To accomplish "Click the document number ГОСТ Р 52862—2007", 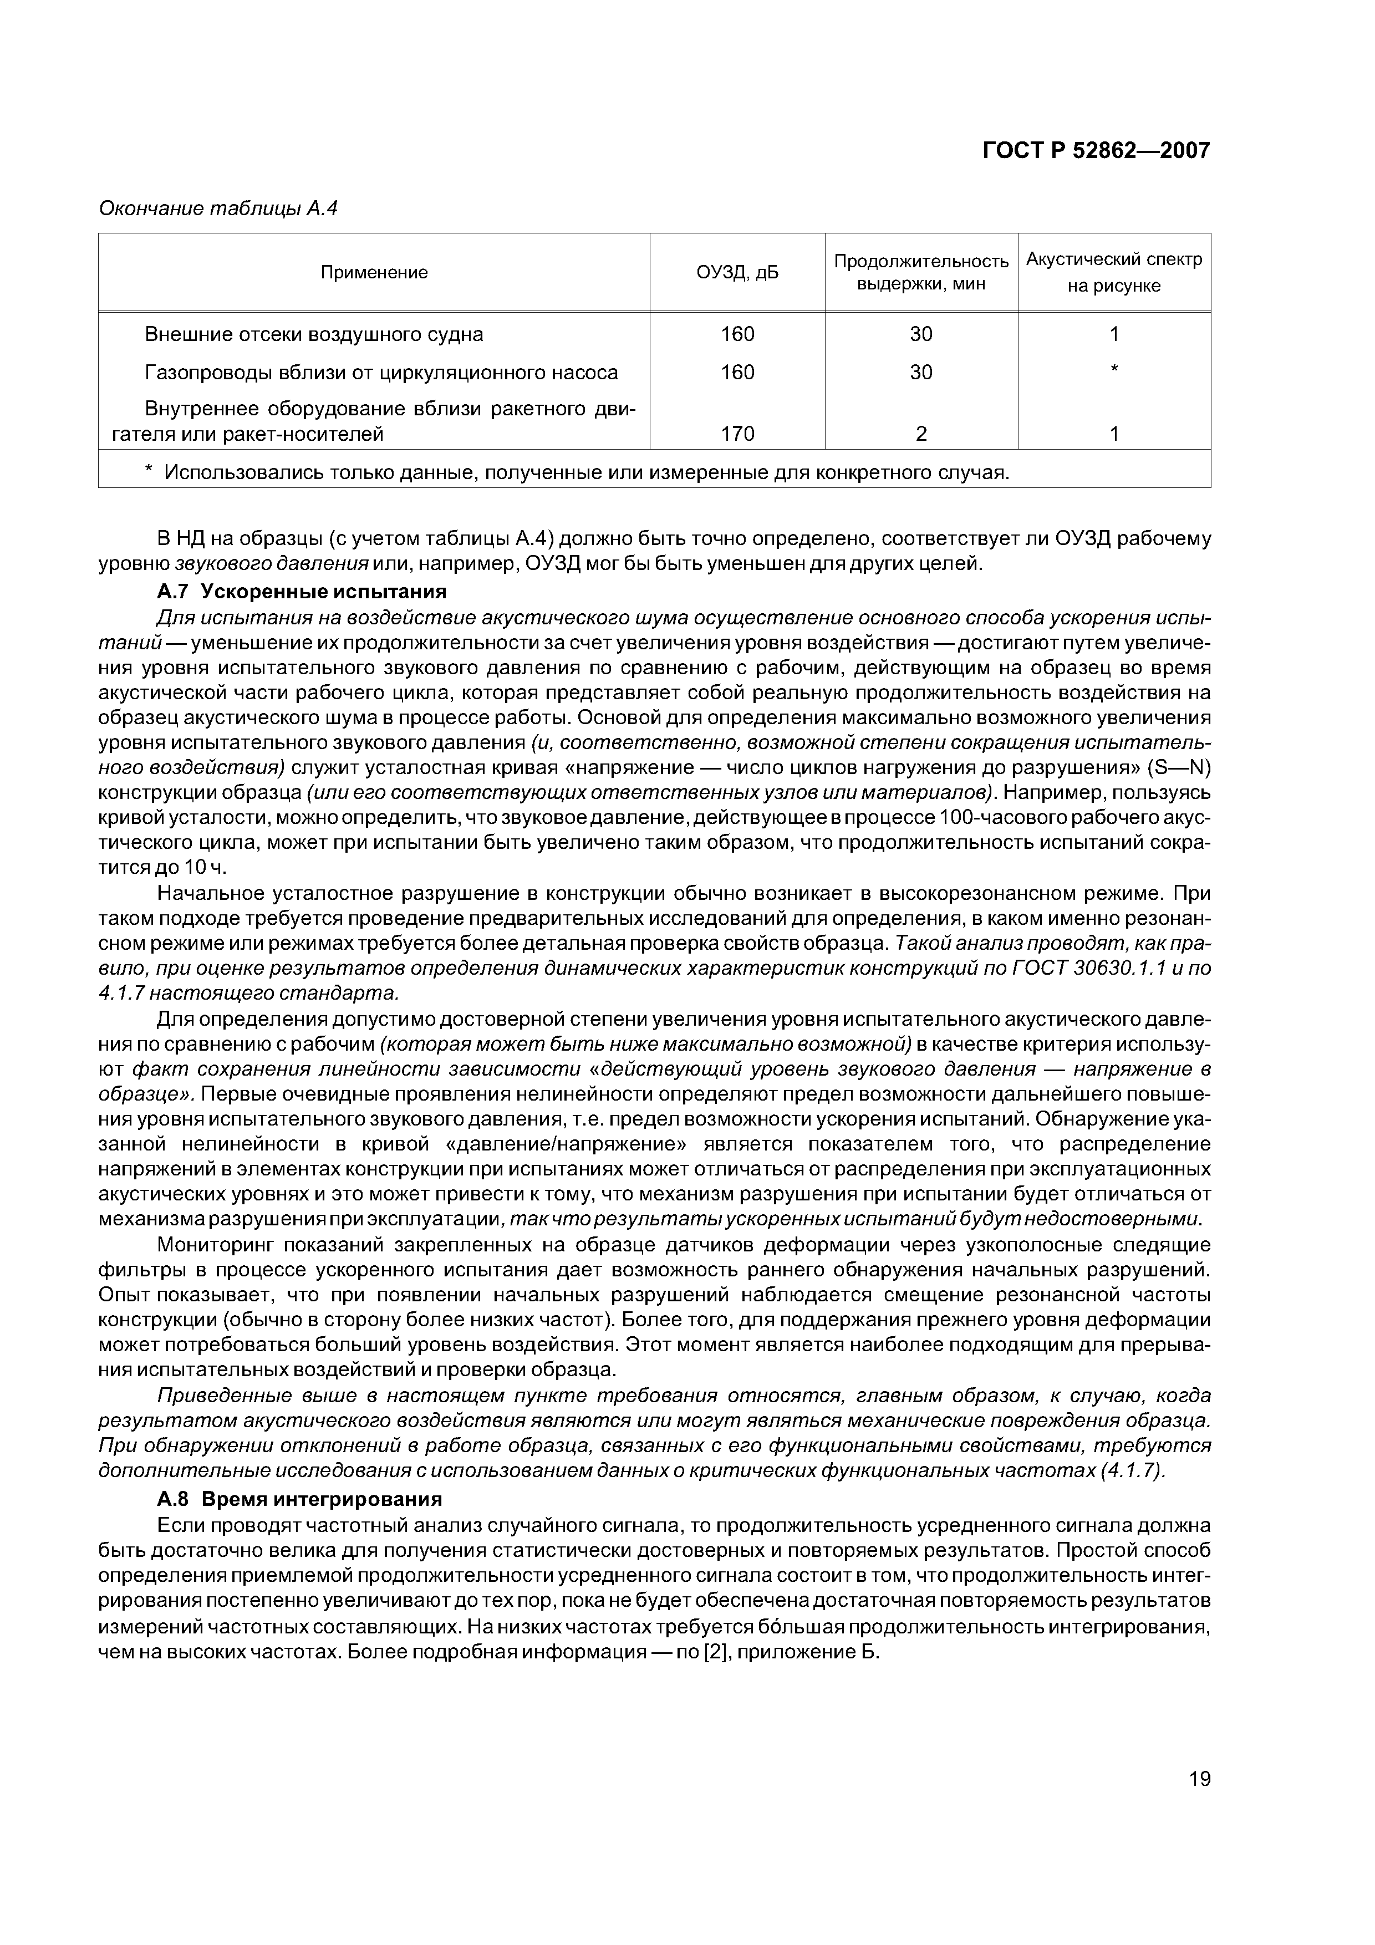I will [1096, 151].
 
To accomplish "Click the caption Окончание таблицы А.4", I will [218, 208].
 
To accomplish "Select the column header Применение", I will [374, 273].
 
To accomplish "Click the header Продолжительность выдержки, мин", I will [921, 272].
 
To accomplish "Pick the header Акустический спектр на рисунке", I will [1113, 272].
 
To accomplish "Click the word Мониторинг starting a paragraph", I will [215, 1245].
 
